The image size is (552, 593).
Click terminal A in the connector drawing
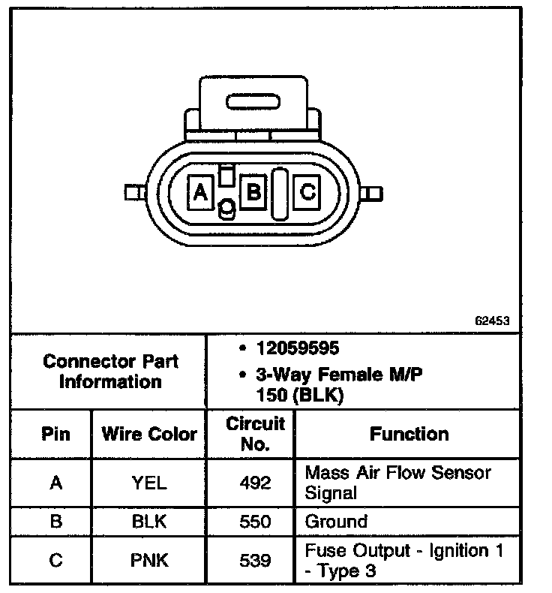[x=199, y=193]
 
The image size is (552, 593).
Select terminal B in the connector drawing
[x=253, y=192]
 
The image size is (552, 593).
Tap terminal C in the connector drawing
[x=307, y=192]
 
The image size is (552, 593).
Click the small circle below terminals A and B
[x=225, y=209]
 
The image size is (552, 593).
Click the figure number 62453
[x=492, y=320]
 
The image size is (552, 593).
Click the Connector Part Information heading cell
[x=111, y=371]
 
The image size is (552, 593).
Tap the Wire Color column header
[x=149, y=434]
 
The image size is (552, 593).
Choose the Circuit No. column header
[x=255, y=434]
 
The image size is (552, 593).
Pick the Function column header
[x=409, y=434]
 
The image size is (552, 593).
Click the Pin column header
[x=55, y=434]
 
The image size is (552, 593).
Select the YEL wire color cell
[x=149, y=483]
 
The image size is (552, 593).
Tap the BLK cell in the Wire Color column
[x=149, y=522]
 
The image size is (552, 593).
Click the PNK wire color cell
[x=149, y=560]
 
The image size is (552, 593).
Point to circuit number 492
[x=255, y=483]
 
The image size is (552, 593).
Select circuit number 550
[x=255, y=522]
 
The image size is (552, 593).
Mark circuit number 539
[x=255, y=560]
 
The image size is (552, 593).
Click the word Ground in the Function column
[x=336, y=522]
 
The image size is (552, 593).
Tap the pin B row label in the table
[x=55, y=522]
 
